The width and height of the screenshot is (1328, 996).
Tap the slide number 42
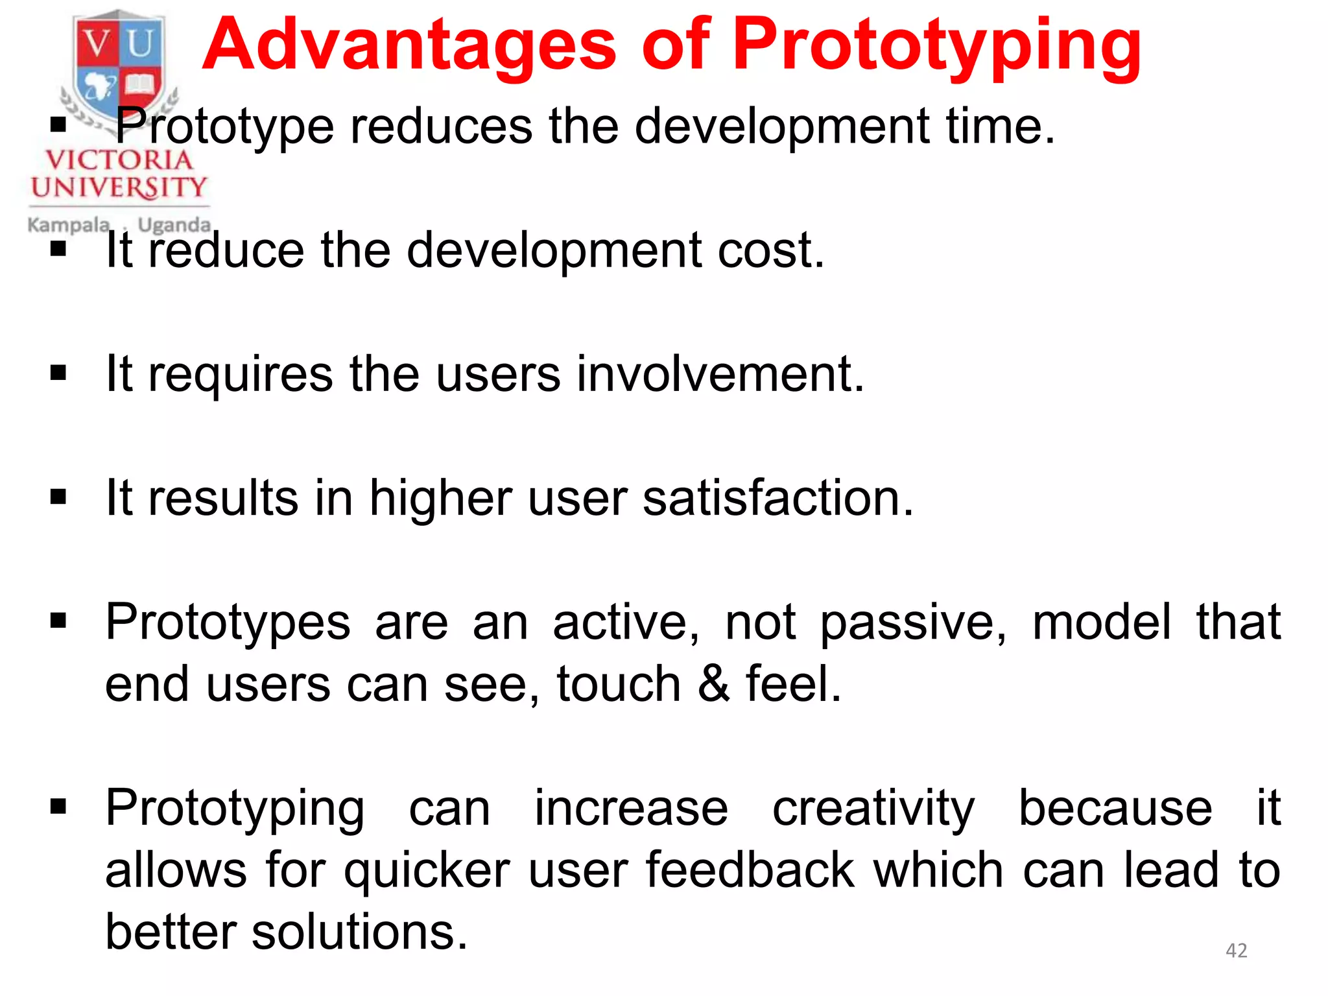click(x=1236, y=950)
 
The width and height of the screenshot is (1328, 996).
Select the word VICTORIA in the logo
click(x=119, y=160)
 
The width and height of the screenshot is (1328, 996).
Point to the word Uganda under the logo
click(x=174, y=225)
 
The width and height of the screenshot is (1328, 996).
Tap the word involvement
click(x=720, y=374)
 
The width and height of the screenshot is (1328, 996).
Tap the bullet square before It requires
click(x=58, y=373)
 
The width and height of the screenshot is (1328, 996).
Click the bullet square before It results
click(x=58, y=497)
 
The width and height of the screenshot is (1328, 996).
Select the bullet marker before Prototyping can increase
click(x=58, y=807)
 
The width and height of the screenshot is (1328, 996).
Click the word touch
click(x=619, y=684)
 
